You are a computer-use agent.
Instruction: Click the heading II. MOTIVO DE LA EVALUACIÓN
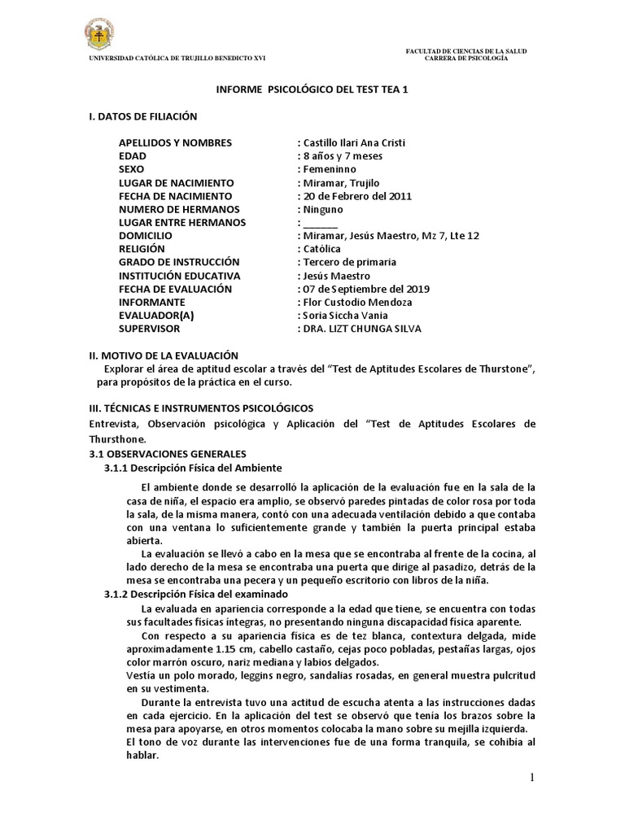163,355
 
